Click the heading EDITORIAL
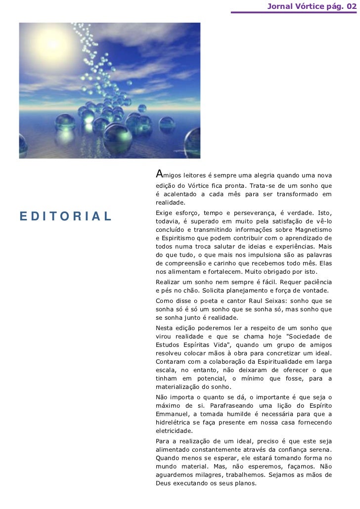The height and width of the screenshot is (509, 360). coord(65,216)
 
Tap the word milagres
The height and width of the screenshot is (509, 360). coord(206,475)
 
